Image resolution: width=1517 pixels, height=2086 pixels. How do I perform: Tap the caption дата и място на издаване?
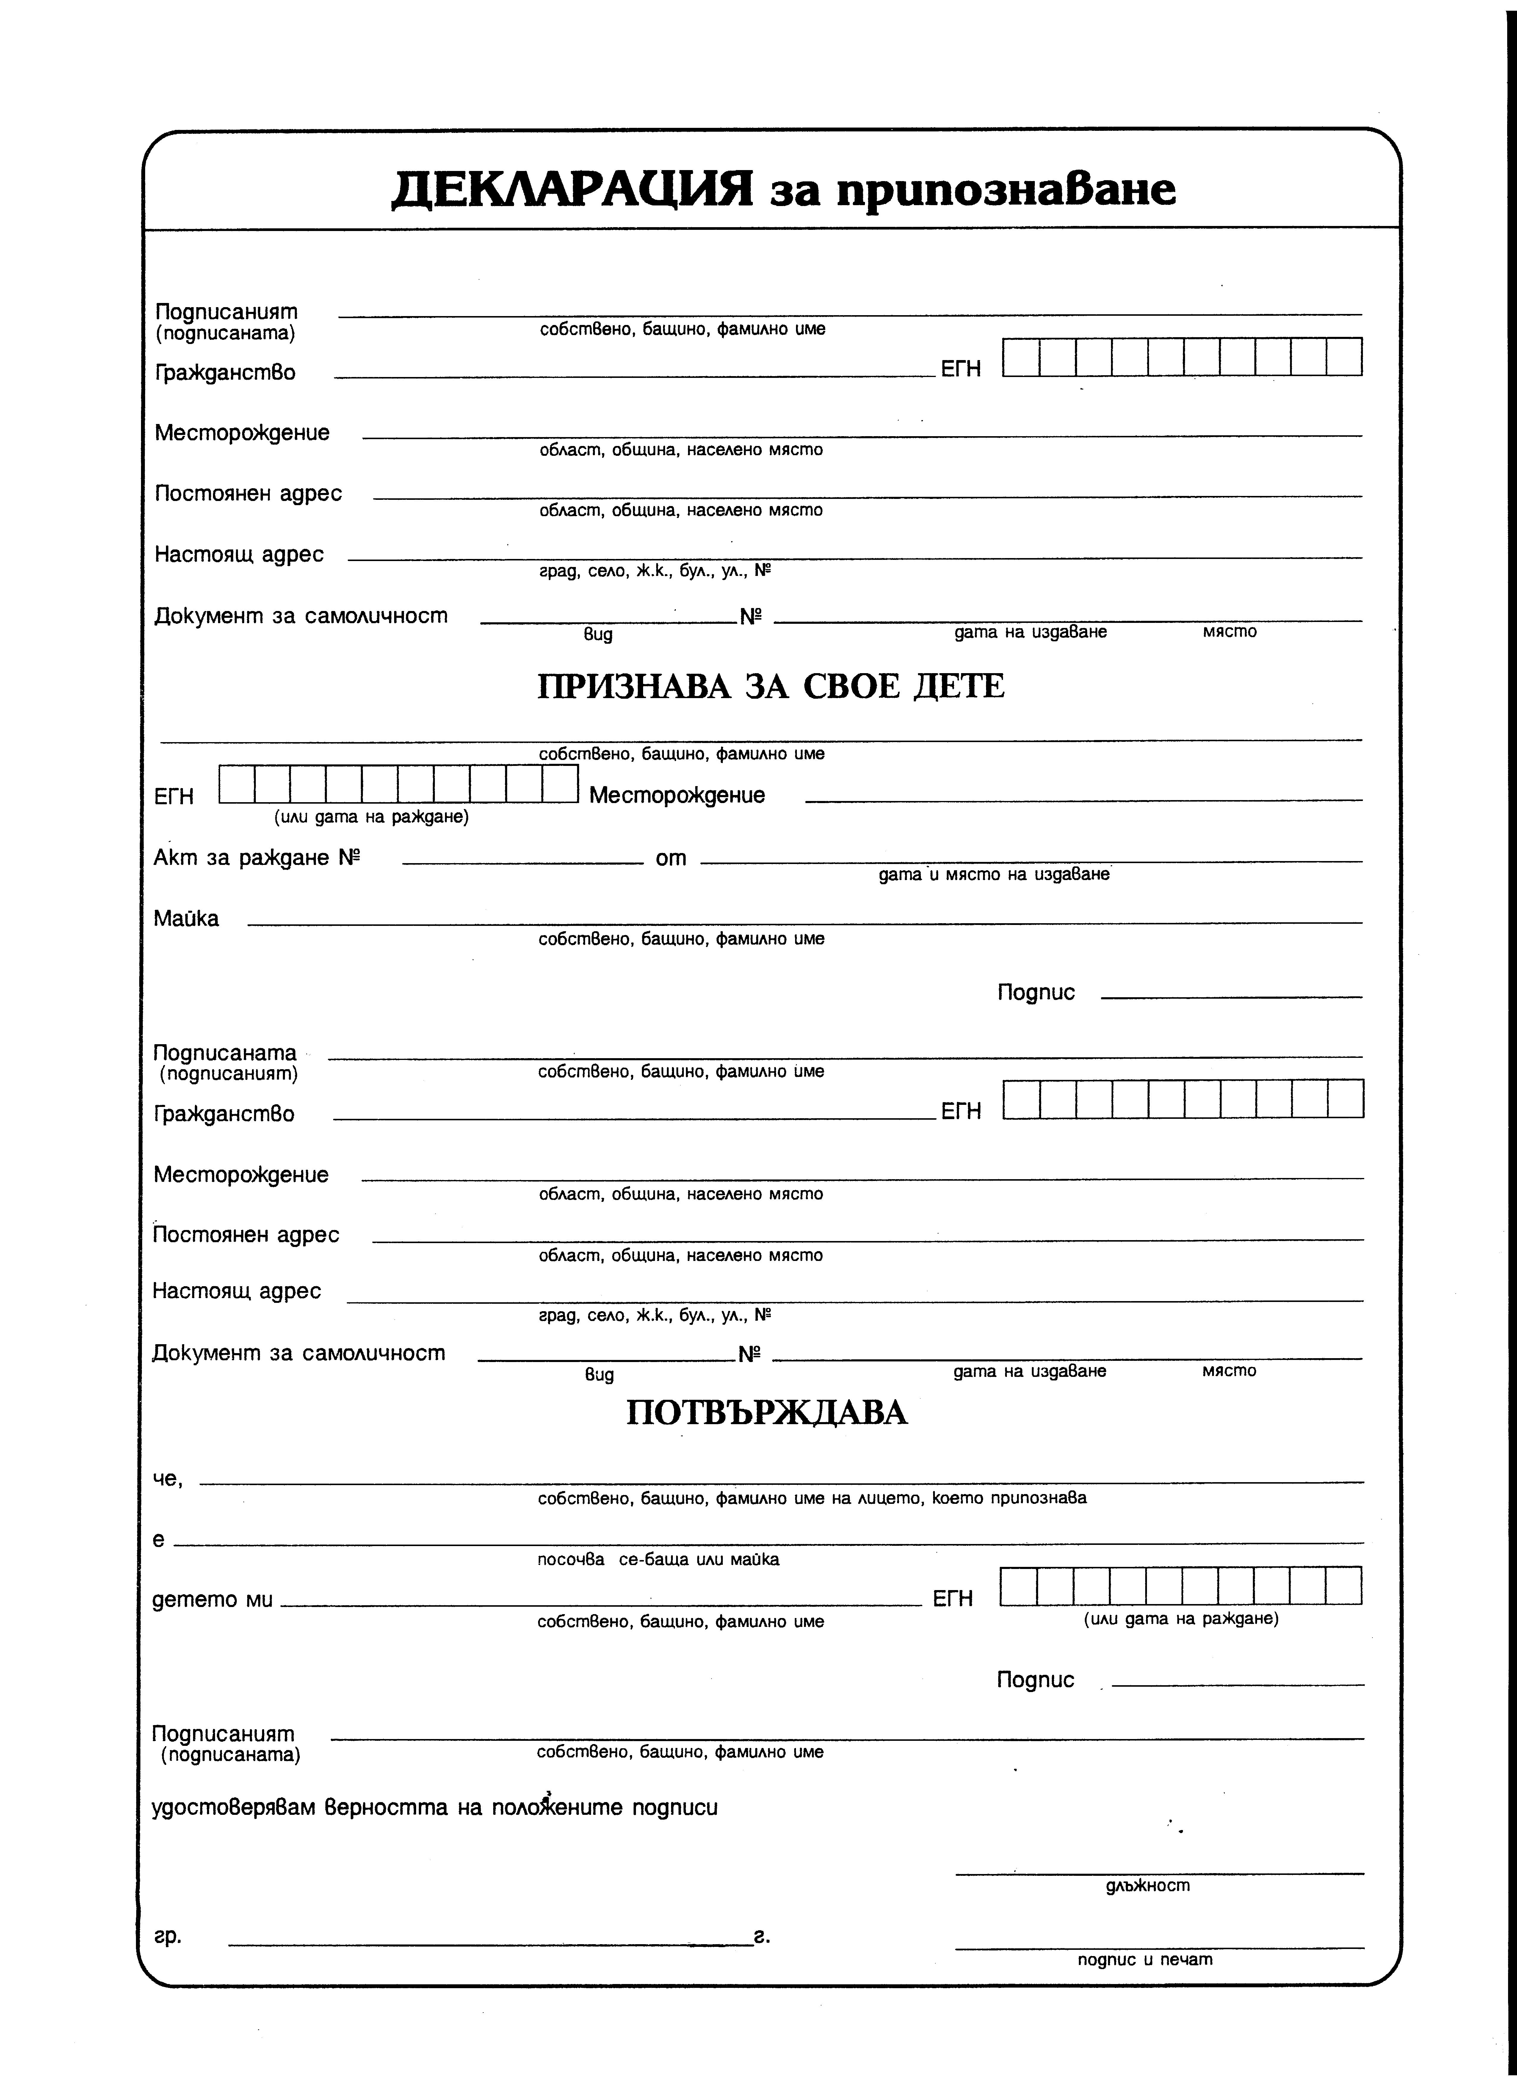pos(993,875)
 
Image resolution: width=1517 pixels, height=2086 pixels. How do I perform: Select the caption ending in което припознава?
pos(811,1498)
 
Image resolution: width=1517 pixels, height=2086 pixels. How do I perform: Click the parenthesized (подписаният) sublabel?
pos(228,1073)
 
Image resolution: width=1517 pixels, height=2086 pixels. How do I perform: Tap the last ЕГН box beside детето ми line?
pos(1343,1586)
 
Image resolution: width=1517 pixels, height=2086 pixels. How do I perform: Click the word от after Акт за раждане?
pos(671,858)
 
